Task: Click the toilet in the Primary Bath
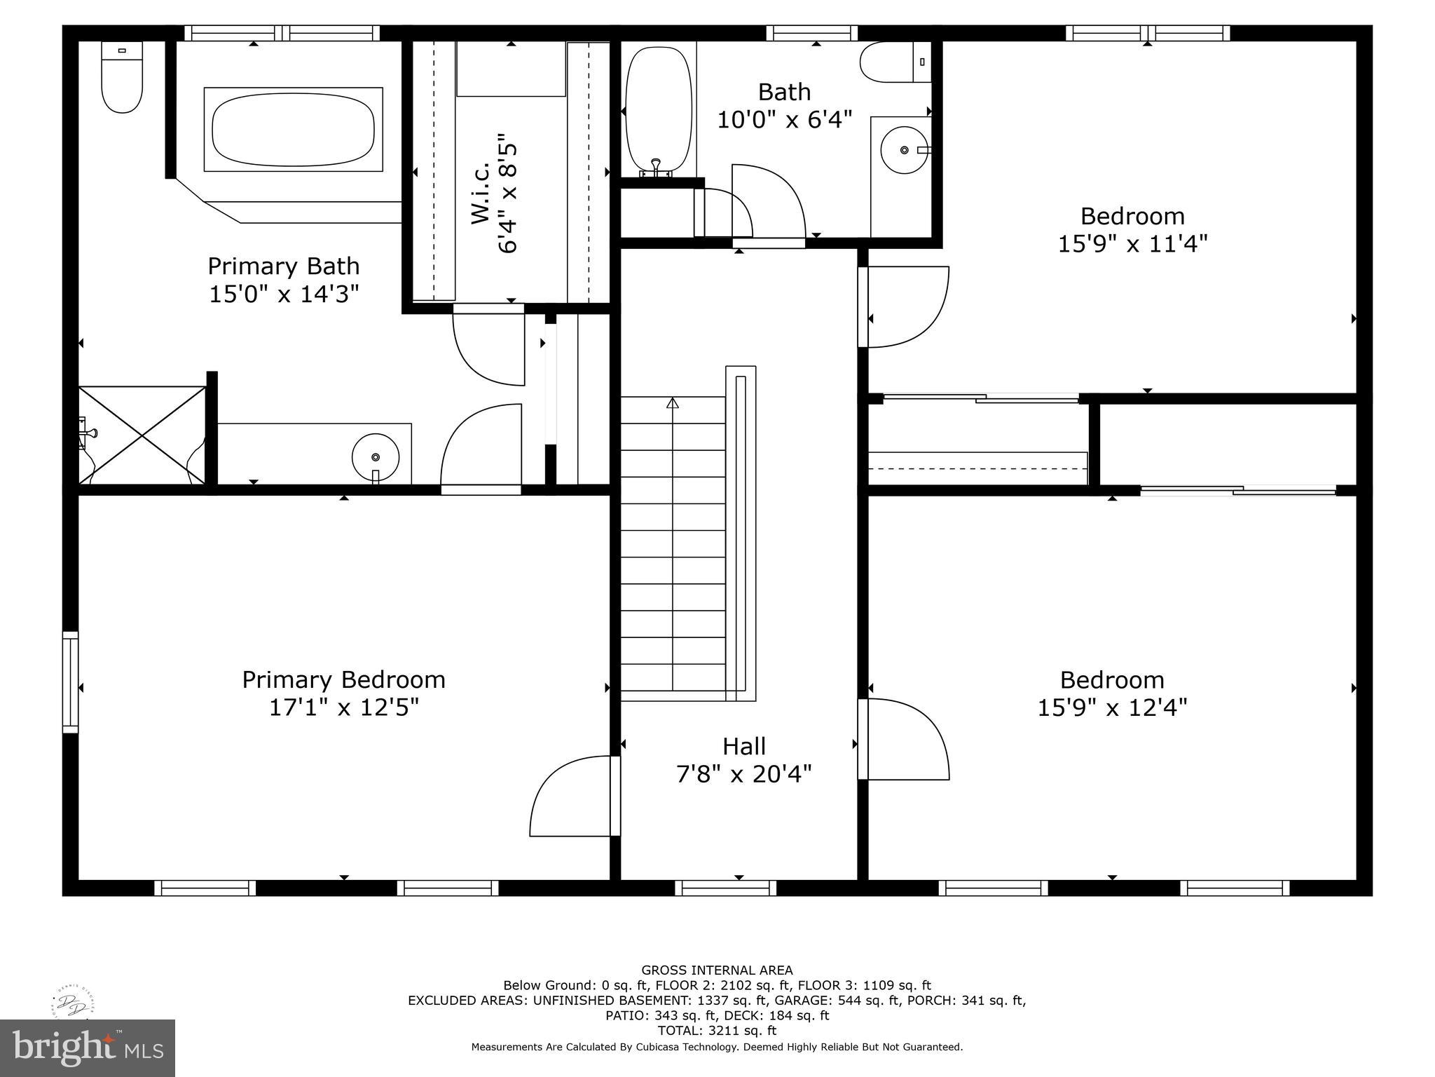point(122,76)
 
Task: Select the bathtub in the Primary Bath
point(293,129)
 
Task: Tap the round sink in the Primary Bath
point(376,457)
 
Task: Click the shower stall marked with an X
point(142,435)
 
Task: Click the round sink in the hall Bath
point(905,150)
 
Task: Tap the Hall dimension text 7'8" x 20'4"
point(743,774)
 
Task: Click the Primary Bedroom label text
point(343,679)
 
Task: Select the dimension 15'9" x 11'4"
point(1132,244)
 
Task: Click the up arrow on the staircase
point(673,402)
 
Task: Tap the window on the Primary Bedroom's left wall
point(70,682)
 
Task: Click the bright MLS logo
point(88,1048)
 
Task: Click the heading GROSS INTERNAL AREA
point(717,970)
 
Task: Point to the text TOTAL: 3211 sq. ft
point(717,1031)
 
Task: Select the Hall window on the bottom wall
point(725,888)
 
